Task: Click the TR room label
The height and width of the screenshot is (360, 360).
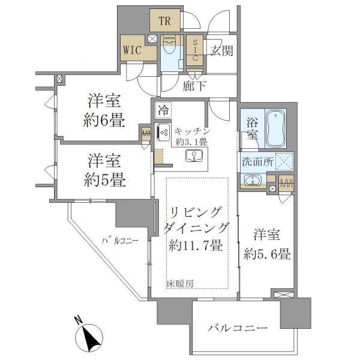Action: coord(166,22)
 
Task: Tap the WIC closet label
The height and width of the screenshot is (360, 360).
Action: coord(133,50)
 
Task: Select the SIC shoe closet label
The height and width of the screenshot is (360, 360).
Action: coord(196,50)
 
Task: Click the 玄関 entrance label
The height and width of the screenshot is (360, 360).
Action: coord(220,52)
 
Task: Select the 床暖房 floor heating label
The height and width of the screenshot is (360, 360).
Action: coord(181,283)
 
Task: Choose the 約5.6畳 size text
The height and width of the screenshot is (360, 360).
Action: coord(268,254)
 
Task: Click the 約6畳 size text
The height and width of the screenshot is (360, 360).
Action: coord(104,120)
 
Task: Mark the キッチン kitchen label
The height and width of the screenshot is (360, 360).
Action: coord(192,130)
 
